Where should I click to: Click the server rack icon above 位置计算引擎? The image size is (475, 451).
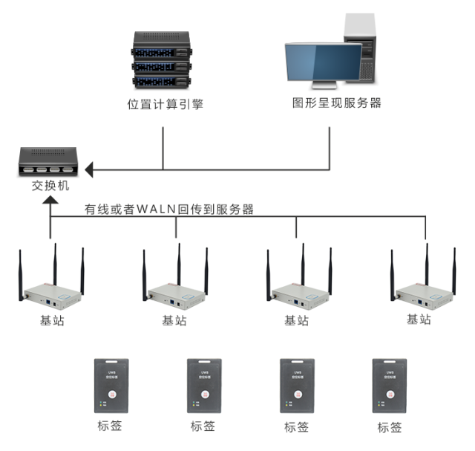pyautogui.click(x=163, y=61)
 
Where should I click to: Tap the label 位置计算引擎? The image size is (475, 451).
pyautogui.click(x=165, y=105)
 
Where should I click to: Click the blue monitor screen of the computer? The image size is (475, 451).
pyautogui.click(x=324, y=63)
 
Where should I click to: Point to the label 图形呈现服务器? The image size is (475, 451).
pyautogui.click(x=337, y=103)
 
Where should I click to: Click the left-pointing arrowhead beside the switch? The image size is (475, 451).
pyautogui.click(x=89, y=171)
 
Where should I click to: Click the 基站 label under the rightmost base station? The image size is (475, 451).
pyautogui.click(x=419, y=319)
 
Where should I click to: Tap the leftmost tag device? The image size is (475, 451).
pyautogui.click(x=110, y=386)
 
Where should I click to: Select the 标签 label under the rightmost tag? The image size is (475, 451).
pyautogui.click(x=390, y=427)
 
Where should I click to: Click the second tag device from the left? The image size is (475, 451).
pyautogui.click(x=203, y=386)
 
